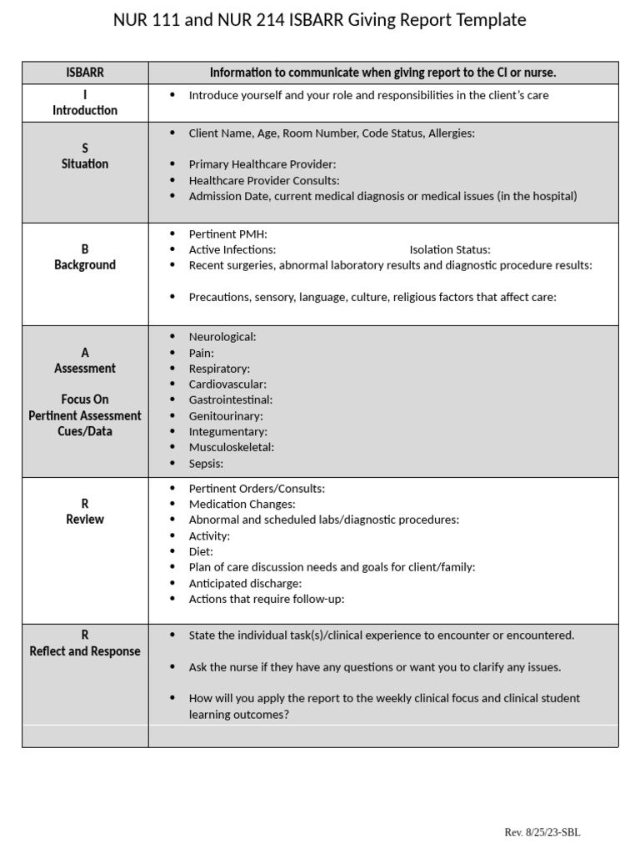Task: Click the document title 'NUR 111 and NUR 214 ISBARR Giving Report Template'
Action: click(319, 20)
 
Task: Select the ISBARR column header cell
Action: click(85, 73)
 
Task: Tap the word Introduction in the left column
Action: click(85, 110)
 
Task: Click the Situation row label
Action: click(85, 163)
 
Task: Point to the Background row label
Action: click(85, 264)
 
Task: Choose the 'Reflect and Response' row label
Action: click(85, 651)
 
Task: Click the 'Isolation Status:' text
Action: click(450, 249)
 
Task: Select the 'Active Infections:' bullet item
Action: click(232, 249)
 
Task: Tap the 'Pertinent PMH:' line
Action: click(227, 234)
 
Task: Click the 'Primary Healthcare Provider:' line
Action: click(262, 164)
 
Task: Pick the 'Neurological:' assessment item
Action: click(222, 337)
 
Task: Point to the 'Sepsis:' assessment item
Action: click(206, 464)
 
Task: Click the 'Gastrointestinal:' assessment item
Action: click(230, 399)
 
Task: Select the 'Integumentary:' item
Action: click(227, 431)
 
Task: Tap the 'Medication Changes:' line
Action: click(242, 504)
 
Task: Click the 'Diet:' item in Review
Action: click(201, 551)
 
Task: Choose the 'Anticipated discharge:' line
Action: click(245, 583)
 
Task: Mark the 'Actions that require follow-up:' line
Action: click(266, 599)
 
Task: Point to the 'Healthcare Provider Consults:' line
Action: click(264, 180)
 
